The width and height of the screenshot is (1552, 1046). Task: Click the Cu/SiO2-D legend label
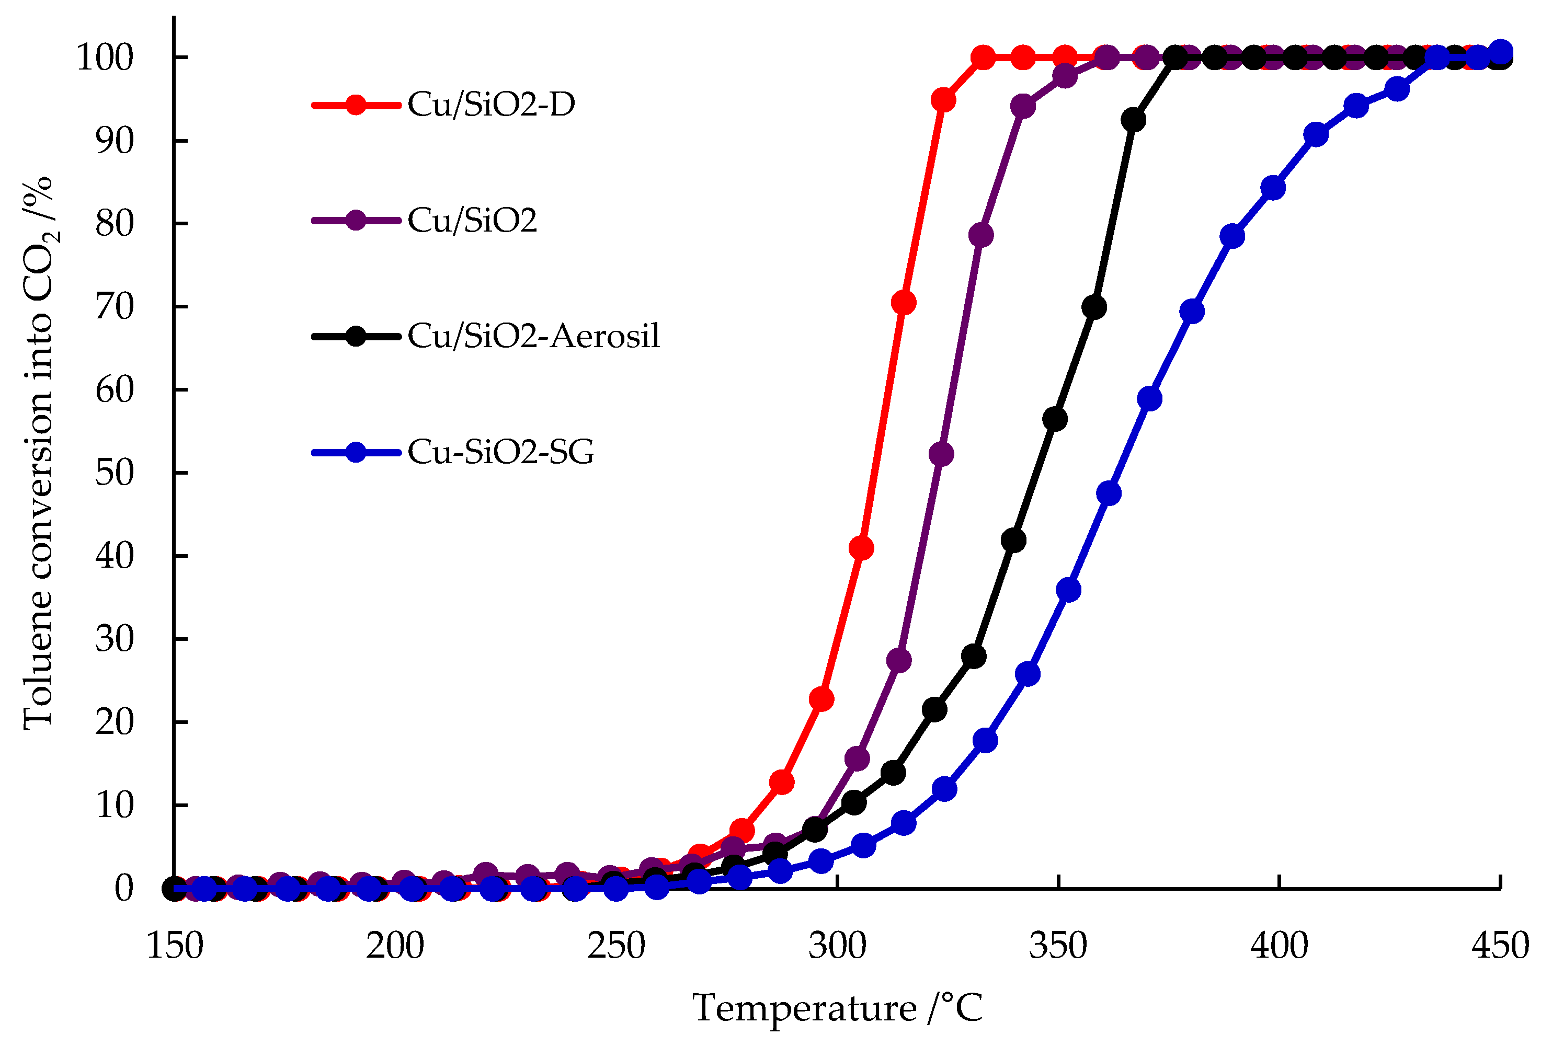click(491, 105)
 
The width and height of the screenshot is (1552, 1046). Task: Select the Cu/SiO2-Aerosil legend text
click(534, 336)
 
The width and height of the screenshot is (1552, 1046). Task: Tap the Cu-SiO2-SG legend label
click(500, 452)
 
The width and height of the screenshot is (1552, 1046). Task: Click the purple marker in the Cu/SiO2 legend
click(356, 220)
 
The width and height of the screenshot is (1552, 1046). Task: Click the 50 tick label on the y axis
click(114, 473)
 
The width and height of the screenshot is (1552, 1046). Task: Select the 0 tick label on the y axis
click(124, 889)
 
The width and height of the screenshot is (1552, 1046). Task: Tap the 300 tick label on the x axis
click(837, 946)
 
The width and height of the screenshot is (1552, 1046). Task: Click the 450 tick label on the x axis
click(1500, 946)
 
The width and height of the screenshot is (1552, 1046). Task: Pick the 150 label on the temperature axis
click(174, 946)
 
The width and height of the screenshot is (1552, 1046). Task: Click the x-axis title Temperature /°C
click(837, 1007)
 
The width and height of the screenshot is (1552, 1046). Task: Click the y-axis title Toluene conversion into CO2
click(39, 454)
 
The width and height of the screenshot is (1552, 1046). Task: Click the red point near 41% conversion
click(861, 548)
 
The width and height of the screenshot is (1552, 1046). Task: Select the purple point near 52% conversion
click(941, 455)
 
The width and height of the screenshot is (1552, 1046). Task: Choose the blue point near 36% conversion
click(1069, 590)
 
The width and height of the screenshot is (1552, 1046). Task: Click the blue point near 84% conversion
click(1273, 188)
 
